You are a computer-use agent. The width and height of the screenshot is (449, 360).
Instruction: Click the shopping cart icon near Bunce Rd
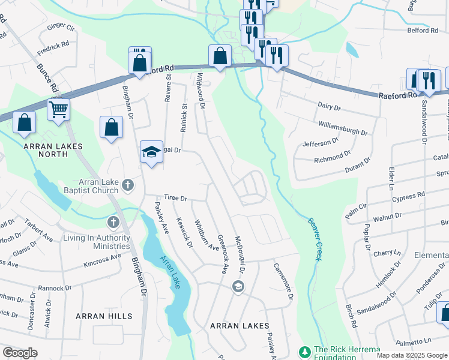coord(59,109)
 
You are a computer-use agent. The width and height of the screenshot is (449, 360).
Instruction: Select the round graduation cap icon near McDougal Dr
coord(238,288)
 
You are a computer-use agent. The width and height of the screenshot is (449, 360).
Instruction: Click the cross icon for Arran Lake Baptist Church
coord(127,185)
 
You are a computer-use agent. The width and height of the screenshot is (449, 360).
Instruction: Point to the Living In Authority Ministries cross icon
coord(113,223)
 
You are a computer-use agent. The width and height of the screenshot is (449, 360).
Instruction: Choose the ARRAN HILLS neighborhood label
coord(100,315)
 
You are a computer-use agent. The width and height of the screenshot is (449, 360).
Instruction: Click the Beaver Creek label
coord(312,238)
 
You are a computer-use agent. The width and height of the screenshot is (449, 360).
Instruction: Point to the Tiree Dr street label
coord(176,198)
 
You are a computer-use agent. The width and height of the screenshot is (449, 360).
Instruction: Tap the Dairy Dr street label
coord(329,107)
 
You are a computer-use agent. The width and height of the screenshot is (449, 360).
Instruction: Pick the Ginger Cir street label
coord(61,27)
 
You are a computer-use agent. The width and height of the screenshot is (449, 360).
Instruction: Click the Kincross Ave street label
coord(103,261)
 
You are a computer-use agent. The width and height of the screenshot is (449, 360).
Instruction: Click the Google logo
coord(20,353)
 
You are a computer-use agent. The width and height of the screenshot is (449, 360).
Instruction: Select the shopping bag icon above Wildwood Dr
coord(220,56)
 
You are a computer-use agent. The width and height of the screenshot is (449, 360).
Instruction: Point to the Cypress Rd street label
coord(409,195)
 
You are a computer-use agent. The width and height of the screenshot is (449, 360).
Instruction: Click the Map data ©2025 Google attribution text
coord(412,355)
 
